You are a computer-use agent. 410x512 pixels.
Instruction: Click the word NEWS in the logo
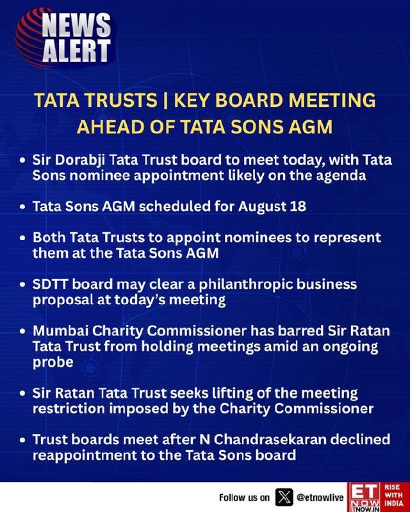pyautogui.click(x=76, y=25)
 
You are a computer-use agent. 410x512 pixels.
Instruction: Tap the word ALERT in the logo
pyautogui.click(x=76, y=51)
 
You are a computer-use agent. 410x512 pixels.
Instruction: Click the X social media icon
pyautogui.click(x=284, y=497)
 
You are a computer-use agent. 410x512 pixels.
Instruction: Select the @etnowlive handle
pyautogui.click(x=320, y=497)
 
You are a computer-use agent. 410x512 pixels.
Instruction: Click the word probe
pyautogui.click(x=53, y=362)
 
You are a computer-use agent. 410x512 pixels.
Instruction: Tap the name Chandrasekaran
pyautogui.click(x=270, y=440)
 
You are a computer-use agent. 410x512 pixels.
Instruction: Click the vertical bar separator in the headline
pyautogui.click(x=165, y=100)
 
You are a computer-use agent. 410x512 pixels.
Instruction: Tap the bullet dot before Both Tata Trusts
pyautogui.click(x=22, y=238)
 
